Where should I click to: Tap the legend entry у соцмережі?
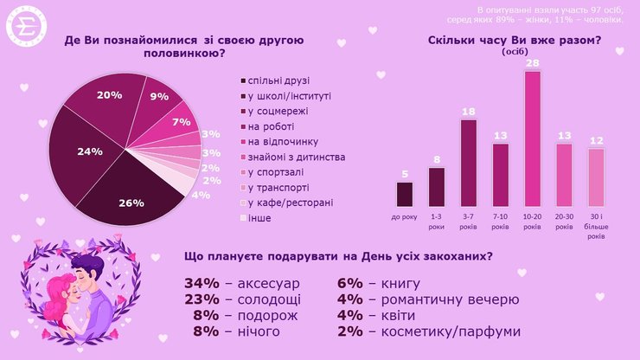click(x=278, y=111)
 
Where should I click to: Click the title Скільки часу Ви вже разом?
click(x=515, y=41)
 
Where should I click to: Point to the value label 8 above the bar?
click(x=437, y=160)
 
